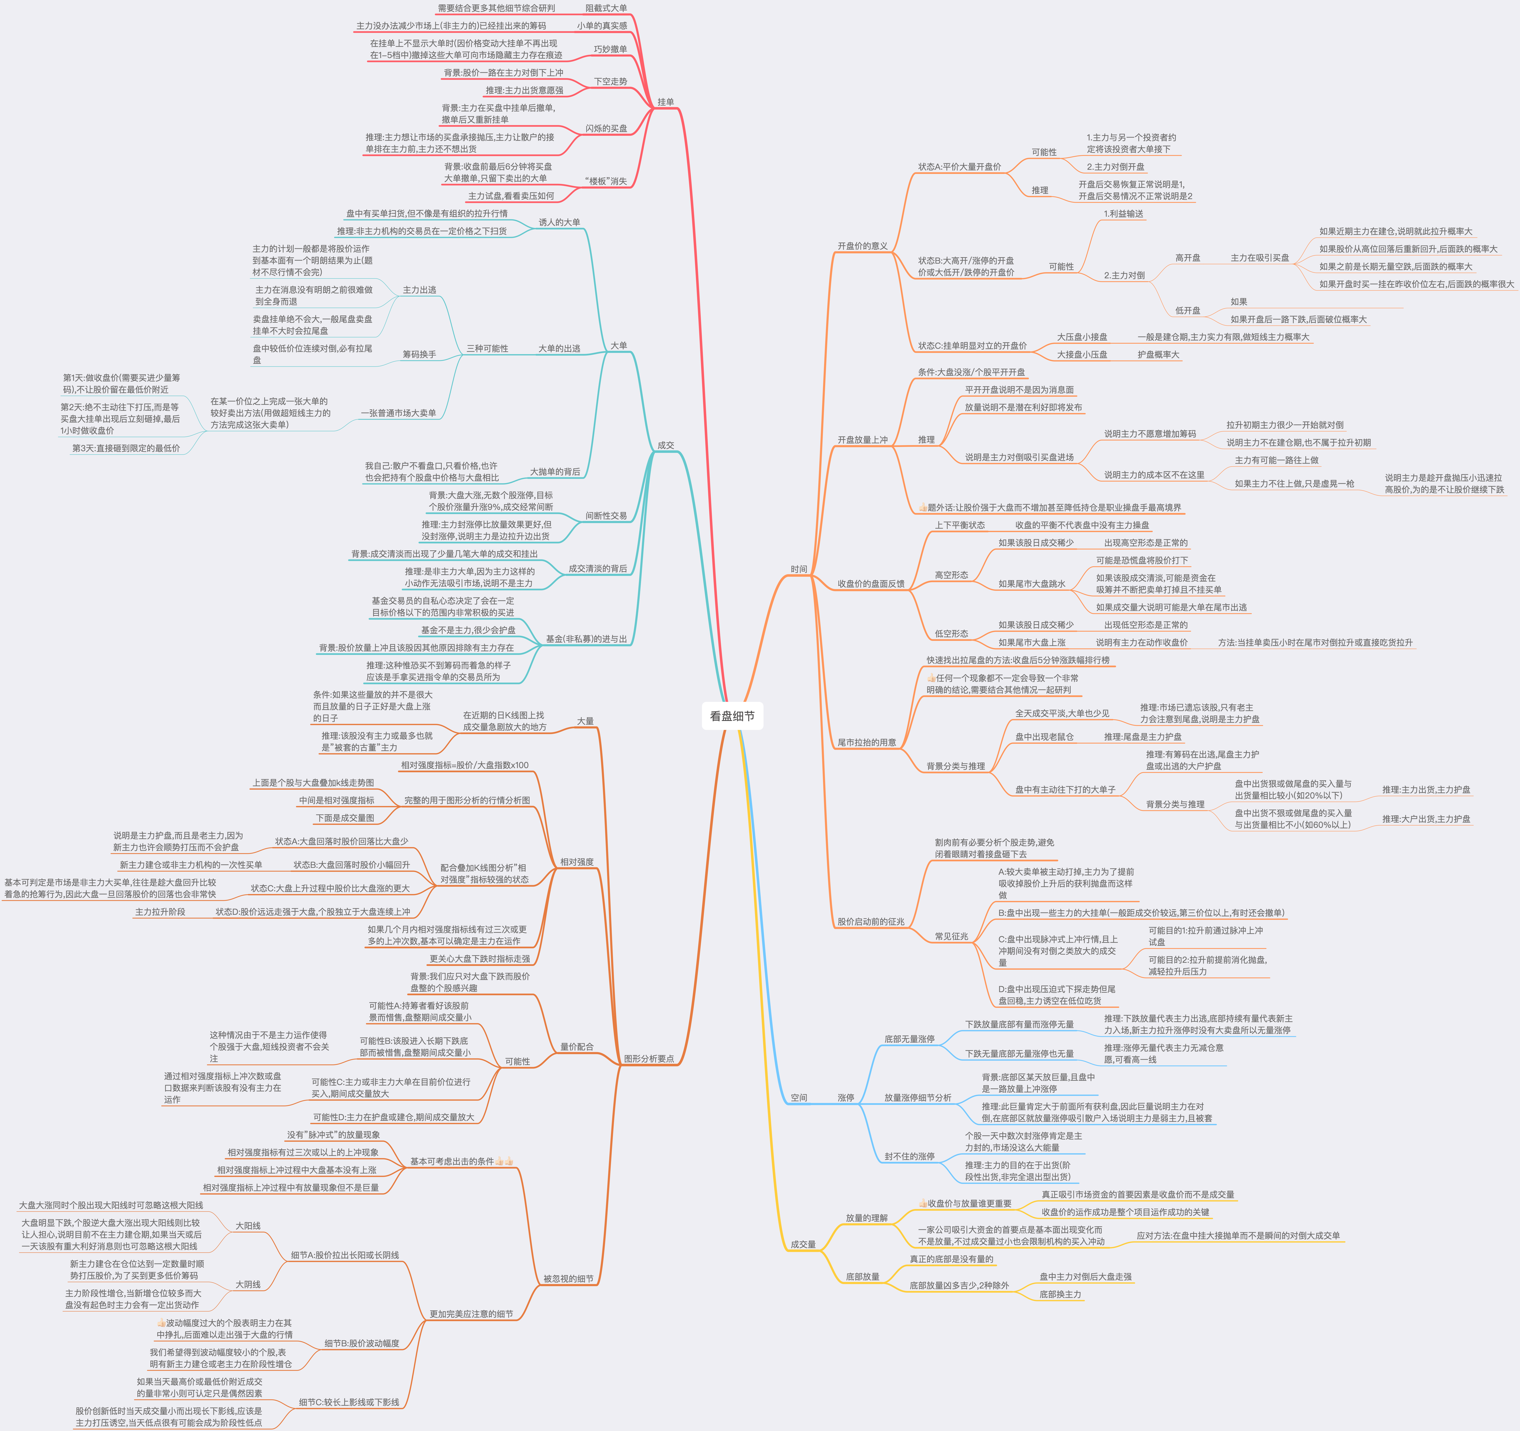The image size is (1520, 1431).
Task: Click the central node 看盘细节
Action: [x=732, y=716]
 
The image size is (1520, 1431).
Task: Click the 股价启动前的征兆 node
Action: [x=870, y=922]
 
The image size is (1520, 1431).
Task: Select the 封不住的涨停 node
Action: [x=909, y=1156]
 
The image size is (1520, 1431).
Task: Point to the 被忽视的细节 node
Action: [x=568, y=1279]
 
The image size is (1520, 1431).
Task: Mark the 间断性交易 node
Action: [x=606, y=516]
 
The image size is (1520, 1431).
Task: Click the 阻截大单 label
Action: [x=606, y=8]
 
